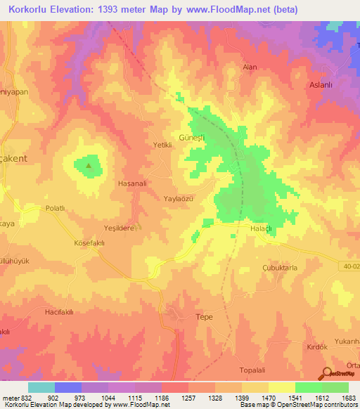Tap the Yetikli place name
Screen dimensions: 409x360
pyautogui.click(x=163, y=145)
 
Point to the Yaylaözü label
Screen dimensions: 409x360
pyautogui.click(x=178, y=200)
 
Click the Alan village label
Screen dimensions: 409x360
pyautogui.click(x=250, y=67)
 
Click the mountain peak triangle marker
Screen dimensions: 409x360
pyautogui.click(x=89, y=166)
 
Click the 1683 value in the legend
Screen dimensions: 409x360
pyautogui.click(x=347, y=398)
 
